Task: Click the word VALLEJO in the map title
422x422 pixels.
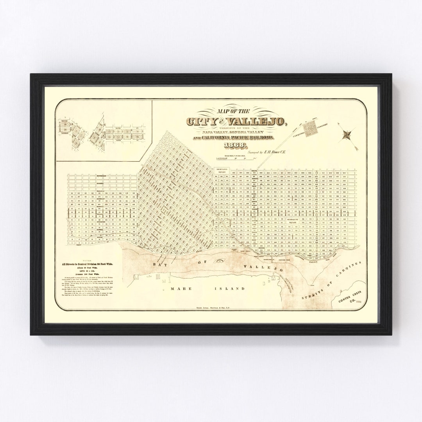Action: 262,122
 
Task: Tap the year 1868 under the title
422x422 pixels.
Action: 236,146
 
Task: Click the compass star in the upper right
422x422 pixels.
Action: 347,135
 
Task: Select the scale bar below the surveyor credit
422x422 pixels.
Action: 227,159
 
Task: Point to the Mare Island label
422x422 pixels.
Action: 207,289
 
